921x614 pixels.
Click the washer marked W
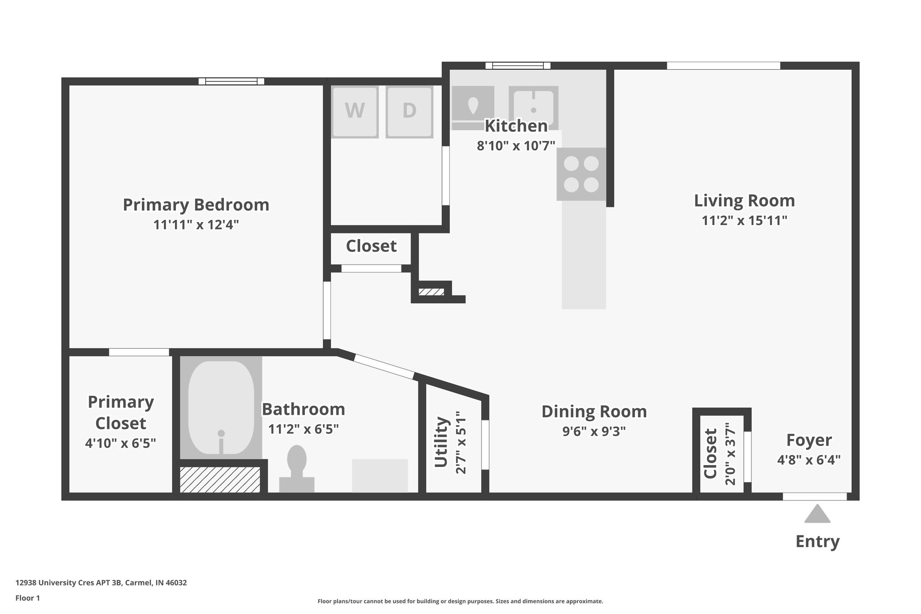pyautogui.click(x=355, y=112)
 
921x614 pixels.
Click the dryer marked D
pyautogui.click(x=409, y=112)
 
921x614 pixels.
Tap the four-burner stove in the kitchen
pyautogui.click(x=581, y=174)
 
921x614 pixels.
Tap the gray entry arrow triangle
pyautogui.click(x=817, y=514)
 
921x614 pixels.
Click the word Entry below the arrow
pyautogui.click(x=817, y=541)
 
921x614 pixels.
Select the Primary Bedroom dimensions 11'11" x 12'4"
pyautogui.click(x=196, y=224)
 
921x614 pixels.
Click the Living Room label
pyautogui.click(x=744, y=201)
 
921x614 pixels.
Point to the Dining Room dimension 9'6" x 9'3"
pyautogui.click(x=594, y=431)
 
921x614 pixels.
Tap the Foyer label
pyautogui.click(x=809, y=440)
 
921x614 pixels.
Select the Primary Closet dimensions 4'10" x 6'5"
pyautogui.click(x=121, y=444)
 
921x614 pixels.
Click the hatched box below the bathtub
pyautogui.click(x=220, y=480)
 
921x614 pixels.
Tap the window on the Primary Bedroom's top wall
pyautogui.click(x=232, y=81)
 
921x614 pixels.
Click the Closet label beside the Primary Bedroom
pyautogui.click(x=371, y=246)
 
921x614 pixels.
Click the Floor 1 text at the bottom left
pyautogui.click(x=28, y=598)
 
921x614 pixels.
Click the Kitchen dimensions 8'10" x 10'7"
pyautogui.click(x=516, y=146)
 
